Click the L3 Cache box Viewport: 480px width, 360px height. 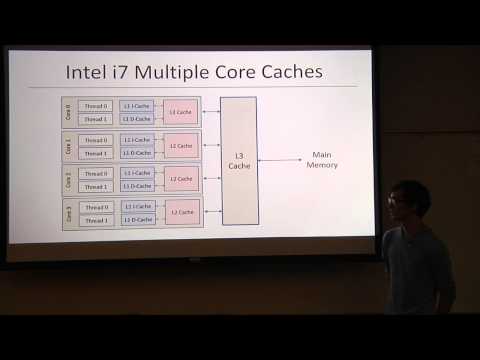tap(239, 160)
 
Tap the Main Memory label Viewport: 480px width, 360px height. tap(321, 160)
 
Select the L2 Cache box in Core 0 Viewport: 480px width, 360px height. tap(181, 111)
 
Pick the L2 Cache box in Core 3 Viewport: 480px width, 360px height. tap(181, 212)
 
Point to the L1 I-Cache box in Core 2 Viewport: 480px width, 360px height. tap(138, 173)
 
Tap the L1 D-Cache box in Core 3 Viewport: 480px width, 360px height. tap(138, 219)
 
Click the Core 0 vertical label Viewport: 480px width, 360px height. tap(69, 111)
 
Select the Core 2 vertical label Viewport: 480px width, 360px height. tap(69, 179)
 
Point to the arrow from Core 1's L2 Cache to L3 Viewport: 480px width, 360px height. tap(211, 146)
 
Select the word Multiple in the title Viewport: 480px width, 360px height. tap(188, 72)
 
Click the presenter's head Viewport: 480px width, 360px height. tap(411, 198)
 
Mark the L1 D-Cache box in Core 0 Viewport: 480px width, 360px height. tap(138, 118)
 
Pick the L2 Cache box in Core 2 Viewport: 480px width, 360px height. tap(181, 179)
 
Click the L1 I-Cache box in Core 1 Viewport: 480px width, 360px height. tap(138, 140)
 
